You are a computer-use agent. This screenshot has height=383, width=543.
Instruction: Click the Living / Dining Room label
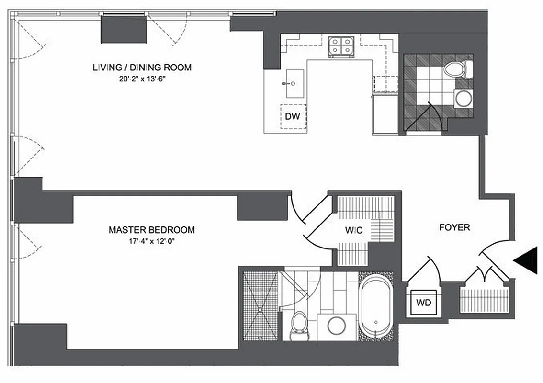click(x=142, y=68)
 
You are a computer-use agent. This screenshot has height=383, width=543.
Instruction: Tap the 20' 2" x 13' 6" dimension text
click(x=142, y=79)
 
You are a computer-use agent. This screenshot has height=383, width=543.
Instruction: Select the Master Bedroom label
click(x=151, y=230)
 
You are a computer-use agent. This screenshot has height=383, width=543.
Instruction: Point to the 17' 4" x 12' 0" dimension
click(x=151, y=241)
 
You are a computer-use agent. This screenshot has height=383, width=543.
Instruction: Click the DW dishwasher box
click(x=293, y=116)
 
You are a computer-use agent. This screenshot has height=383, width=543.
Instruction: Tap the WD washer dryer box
click(x=423, y=303)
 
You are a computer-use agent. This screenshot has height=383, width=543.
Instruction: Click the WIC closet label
click(x=354, y=230)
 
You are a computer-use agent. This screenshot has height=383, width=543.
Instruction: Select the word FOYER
click(x=454, y=227)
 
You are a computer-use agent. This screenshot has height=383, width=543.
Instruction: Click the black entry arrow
click(x=526, y=261)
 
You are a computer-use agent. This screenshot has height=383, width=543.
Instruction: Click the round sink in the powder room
click(x=462, y=99)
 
